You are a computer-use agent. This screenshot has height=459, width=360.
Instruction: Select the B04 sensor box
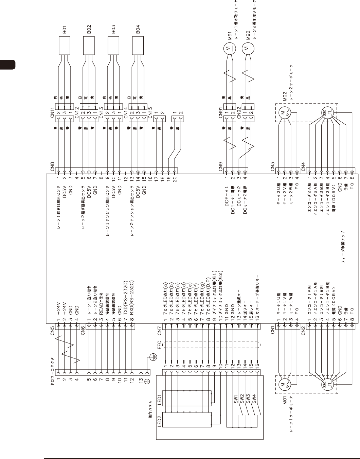[138, 45]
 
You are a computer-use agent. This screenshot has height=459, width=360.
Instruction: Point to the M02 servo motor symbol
[283, 113]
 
